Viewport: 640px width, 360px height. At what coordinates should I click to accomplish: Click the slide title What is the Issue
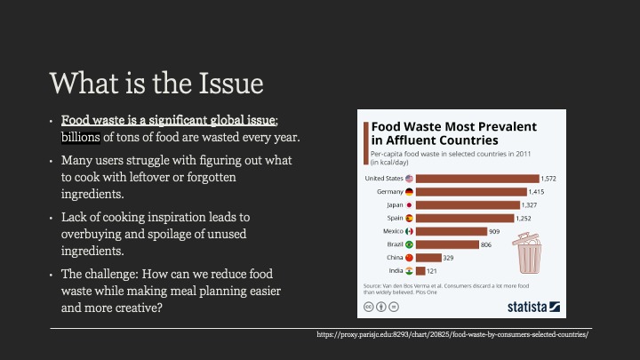pos(157,83)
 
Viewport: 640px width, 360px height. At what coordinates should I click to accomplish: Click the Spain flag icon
pos(409,218)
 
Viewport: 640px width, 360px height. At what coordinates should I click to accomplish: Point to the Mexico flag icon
pos(409,231)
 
